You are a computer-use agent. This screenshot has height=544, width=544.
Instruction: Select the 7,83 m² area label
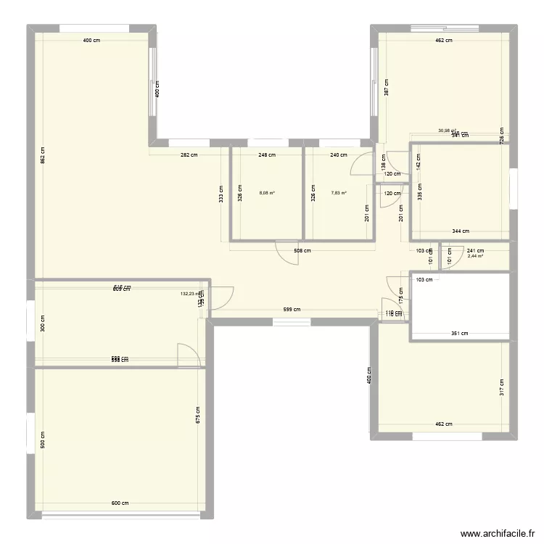click(339, 193)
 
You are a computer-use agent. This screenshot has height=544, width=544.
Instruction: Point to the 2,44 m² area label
click(476, 256)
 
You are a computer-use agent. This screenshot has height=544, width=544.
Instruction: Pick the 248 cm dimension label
click(267, 154)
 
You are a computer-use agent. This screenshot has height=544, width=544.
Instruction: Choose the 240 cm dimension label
click(339, 154)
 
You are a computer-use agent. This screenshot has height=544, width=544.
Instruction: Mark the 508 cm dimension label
click(302, 251)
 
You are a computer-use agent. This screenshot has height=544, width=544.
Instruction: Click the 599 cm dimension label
click(292, 310)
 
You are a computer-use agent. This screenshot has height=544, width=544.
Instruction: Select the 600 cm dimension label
click(120, 503)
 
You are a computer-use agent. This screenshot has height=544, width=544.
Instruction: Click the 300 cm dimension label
click(43, 323)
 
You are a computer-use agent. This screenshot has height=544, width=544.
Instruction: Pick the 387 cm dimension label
click(387, 87)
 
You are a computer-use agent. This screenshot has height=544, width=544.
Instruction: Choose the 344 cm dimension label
click(461, 231)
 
